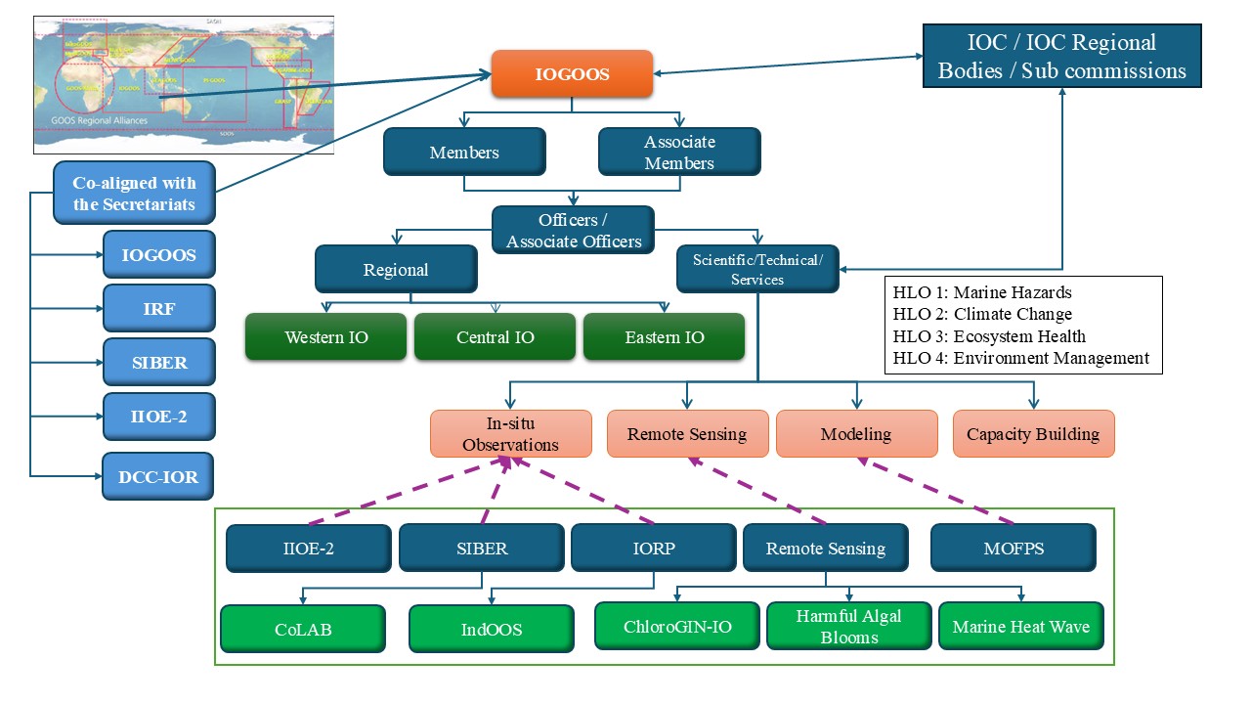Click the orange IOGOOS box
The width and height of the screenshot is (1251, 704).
click(x=572, y=74)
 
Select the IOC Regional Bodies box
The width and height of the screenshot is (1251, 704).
click(x=1061, y=57)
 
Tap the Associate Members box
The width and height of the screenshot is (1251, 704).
click(x=678, y=153)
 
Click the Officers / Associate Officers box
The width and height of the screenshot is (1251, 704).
click(x=573, y=231)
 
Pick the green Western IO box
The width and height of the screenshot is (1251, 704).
click(x=325, y=337)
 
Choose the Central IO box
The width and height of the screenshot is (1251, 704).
click(x=495, y=337)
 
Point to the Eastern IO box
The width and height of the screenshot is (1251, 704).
click(x=664, y=337)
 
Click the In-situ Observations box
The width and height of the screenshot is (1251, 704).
click(x=511, y=434)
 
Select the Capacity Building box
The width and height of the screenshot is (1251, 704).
click(x=1033, y=434)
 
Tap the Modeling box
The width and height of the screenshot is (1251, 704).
click(x=856, y=434)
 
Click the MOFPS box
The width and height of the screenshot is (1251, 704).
click(x=1014, y=549)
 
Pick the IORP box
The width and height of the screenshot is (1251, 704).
click(x=653, y=549)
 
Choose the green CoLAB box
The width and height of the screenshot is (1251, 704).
click(x=302, y=629)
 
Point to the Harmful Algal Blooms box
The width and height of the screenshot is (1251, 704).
click(x=848, y=627)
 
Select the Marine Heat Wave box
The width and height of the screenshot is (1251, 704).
click(x=1020, y=627)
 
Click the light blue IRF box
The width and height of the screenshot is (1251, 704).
click(x=158, y=309)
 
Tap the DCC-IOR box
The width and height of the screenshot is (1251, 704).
click(x=158, y=477)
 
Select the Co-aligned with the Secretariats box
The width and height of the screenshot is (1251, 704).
click(x=134, y=193)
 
